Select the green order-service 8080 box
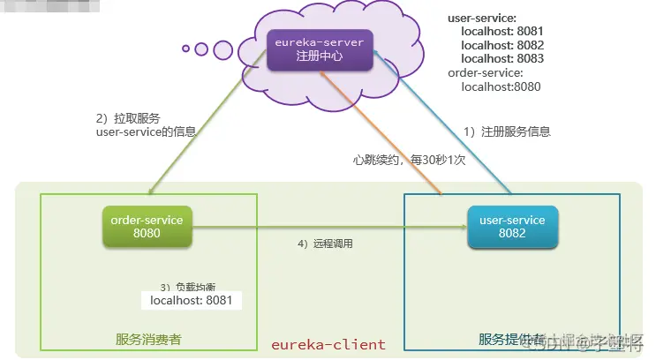pos(147,226)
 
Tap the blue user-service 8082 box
pos(513,226)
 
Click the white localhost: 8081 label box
pos(191,300)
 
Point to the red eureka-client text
pos(328,344)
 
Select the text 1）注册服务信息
pos(507,131)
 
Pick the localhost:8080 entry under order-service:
pos(501,86)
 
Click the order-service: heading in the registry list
pos(486,72)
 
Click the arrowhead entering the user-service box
pos(461,227)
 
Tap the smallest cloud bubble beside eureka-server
pos(186,48)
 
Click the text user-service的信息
pos(146,131)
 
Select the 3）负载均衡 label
pos(187,287)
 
